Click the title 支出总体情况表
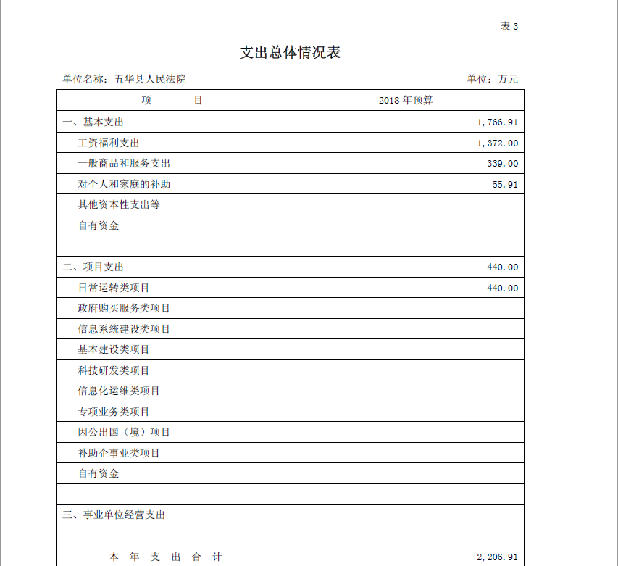[290, 53]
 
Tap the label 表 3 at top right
[509, 27]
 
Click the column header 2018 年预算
[405, 101]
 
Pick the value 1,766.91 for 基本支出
[497, 122]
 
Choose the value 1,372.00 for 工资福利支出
[497, 143]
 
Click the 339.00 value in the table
[502, 164]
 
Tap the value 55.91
[505, 185]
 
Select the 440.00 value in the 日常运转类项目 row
[502, 288]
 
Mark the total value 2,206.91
[497, 557]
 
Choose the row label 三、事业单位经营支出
[114, 515]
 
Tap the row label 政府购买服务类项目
[124, 309]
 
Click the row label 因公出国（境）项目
[124, 433]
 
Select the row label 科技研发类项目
[114, 370]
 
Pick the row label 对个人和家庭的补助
[124, 185]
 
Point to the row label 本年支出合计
[165, 557]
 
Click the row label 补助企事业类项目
[119, 454]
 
